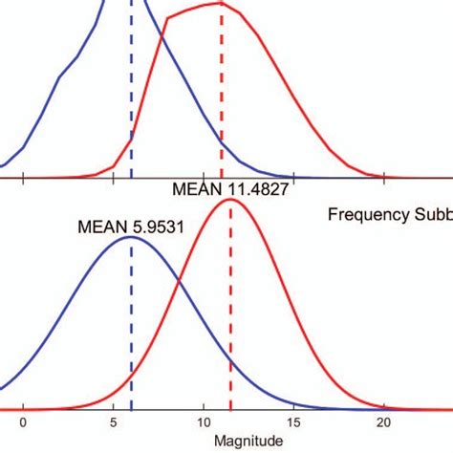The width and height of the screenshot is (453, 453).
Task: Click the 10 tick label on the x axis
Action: click(204, 422)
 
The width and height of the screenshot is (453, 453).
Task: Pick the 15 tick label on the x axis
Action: click(293, 422)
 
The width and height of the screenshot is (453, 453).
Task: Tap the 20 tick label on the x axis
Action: click(383, 422)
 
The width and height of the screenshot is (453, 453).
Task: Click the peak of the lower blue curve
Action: click(131, 237)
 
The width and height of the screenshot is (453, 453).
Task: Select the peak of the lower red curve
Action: click(230, 199)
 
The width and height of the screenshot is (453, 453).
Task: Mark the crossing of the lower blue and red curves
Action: click(179, 284)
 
